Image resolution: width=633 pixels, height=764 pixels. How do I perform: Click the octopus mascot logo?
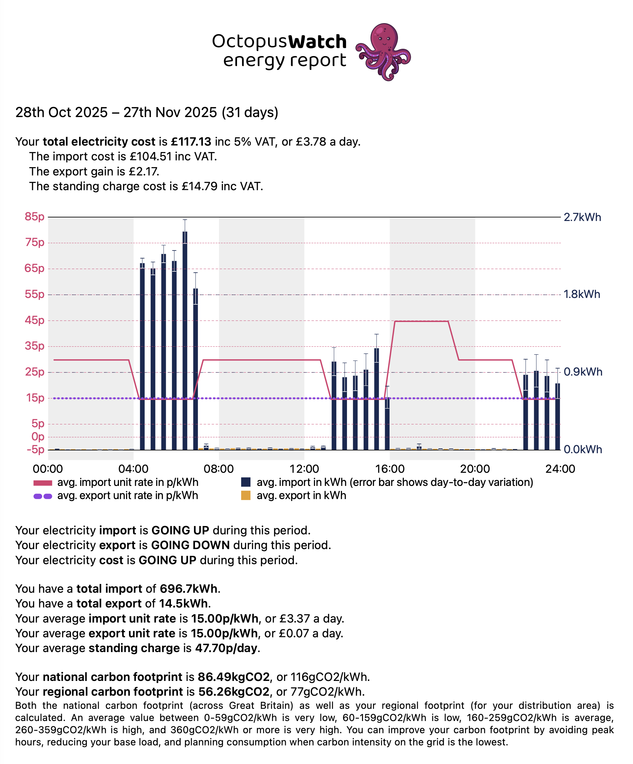pos(384,52)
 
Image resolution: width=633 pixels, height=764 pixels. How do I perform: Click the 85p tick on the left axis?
pos(35,217)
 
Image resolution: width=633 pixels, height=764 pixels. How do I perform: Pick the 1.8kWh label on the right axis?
pos(582,294)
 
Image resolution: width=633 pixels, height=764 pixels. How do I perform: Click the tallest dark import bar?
pos(185,340)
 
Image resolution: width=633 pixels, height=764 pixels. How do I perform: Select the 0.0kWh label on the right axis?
pos(582,450)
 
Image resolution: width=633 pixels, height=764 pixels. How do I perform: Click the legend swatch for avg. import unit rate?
pos(43,483)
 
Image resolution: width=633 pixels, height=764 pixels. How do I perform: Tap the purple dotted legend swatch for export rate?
pos(43,496)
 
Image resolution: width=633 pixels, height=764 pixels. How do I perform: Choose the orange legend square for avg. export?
pos(246,496)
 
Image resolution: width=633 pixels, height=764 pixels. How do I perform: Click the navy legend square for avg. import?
pos(246,482)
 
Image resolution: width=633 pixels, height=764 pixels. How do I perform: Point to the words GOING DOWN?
pos(190,545)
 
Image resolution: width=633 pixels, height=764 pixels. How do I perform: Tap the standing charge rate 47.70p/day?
pos(226,648)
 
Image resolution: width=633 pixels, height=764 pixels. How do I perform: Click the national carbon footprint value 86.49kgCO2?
pos(233,677)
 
